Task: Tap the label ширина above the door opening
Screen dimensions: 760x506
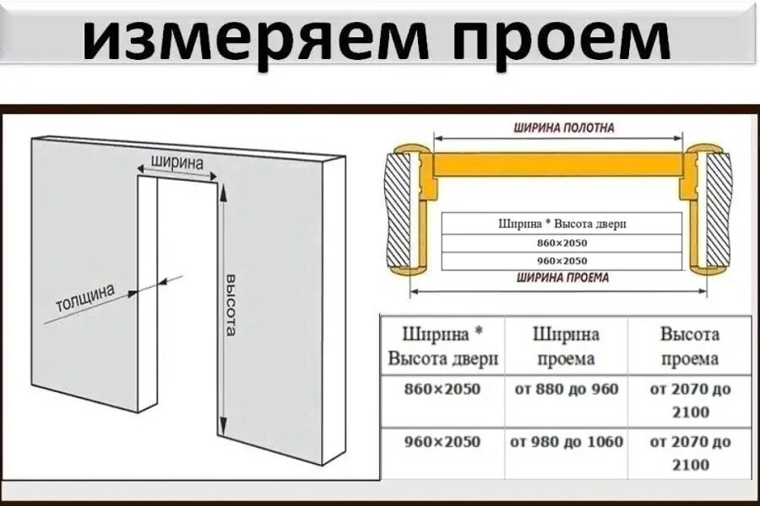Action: pyautogui.click(x=176, y=161)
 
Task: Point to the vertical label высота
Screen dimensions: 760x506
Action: pyautogui.click(x=230, y=304)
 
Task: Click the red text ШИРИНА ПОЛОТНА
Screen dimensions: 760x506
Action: pyautogui.click(x=563, y=128)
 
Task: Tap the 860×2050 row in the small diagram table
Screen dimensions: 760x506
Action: pyautogui.click(x=562, y=243)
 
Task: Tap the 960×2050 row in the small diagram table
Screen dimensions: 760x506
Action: pyautogui.click(x=562, y=261)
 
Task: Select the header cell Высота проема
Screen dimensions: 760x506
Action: pyautogui.click(x=689, y=346)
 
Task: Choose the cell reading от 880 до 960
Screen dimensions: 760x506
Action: pyautogui.click(x=566, y=389)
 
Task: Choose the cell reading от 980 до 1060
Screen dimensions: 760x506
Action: pyautogui.click(x=566, y=442)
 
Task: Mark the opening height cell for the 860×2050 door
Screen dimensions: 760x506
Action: pyautogui.click(x=690, y=400)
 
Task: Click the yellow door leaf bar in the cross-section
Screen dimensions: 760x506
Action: pyautogui.click(x=557, y=163)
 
